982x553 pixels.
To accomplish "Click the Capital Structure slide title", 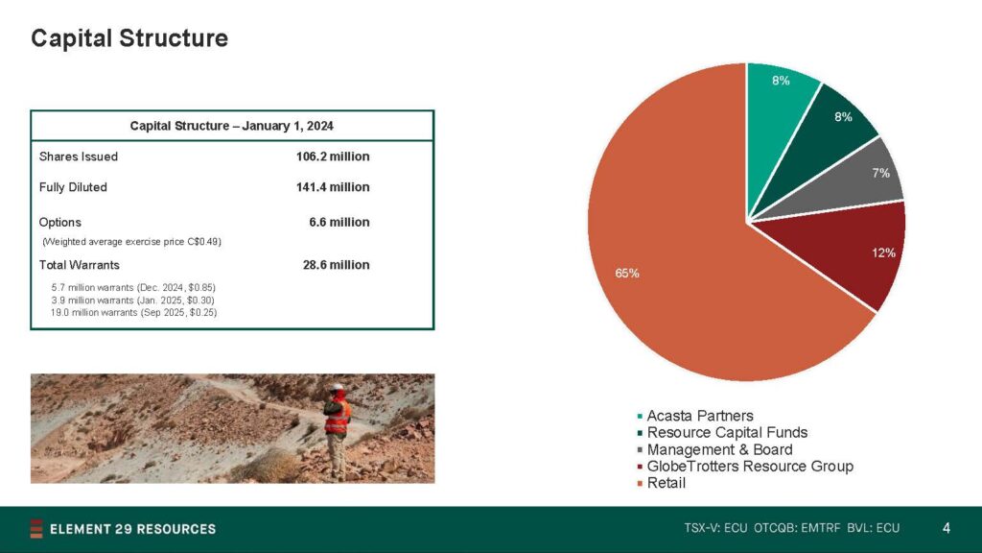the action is point(129,38).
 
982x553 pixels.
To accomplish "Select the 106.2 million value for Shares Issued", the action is point(333,156).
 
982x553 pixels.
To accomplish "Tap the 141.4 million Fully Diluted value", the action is point(333,187).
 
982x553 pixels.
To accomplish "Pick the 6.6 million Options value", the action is point(339,223).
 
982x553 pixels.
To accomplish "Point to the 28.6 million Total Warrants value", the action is point(336,265).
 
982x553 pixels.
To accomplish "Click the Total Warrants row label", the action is point(79,265).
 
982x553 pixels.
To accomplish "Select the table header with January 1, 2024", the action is point(232,126).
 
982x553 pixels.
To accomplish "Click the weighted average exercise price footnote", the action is point(131,242).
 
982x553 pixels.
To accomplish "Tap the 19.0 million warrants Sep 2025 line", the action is point(133,312).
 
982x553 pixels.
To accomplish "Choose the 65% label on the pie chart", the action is point(627,274).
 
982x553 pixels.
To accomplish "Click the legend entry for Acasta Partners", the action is point(695,416).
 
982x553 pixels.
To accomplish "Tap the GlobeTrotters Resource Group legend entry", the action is point(745,467).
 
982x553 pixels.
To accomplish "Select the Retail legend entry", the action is point(662,484).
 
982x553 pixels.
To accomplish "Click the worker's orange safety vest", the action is point(337,417).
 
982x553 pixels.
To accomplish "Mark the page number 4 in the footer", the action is point(947,529).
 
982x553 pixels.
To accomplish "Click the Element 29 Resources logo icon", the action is point(36,529).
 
